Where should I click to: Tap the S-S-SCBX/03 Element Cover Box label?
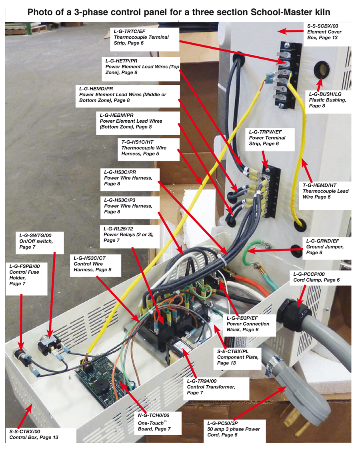(324, 32)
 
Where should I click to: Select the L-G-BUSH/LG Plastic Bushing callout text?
(327, 100)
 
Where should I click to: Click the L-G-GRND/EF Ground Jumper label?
(325, 247)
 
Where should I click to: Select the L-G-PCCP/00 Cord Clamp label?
(316, 277)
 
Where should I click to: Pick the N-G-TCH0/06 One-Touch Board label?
(154, 423)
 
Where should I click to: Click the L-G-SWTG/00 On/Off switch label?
(36, 241)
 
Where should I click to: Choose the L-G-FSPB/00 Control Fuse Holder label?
(24, 275)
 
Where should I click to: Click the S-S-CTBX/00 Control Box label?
(34, 434)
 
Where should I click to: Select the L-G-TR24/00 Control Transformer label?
(211, 387)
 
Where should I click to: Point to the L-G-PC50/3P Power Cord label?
(234, 429)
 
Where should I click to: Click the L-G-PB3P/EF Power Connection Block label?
(248, 324)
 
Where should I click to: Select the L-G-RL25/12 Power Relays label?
(128, 235)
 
